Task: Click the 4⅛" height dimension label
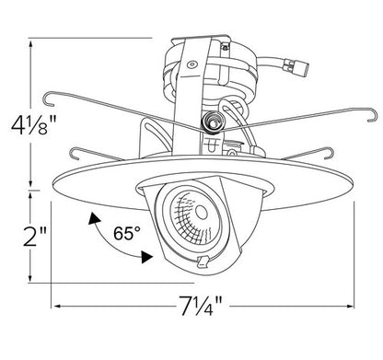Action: pyautogui.click(x=33, y=124)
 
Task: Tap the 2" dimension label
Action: pyautogui.click(x=35, y=237)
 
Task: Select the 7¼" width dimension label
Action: pyautogui.click(x=201, y=306)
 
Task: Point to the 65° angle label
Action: pyautogui.click(x=127, y=233)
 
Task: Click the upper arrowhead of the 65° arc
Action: pyautogui.click(x=94, y=218)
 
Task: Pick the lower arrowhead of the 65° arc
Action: pyautogui.click(x=146, y=257)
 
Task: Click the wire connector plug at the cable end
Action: pyautogui.click(x=296, y=67)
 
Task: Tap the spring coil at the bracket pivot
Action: pyautogui.click(x=212, y=122)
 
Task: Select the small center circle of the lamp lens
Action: pyautogui.click(x=202, y=212)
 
